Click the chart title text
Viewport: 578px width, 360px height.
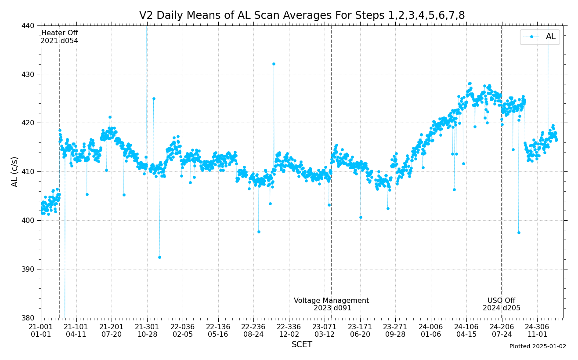(x=302, y=16)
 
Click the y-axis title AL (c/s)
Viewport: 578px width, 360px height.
(x=15, y=171)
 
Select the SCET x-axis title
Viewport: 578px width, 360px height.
(x=302, y=345)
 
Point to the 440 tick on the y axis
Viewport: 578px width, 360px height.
(x=29, y=25)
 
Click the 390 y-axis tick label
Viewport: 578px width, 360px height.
(x=29, y=269)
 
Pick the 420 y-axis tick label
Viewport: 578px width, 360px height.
(x=29, y=123)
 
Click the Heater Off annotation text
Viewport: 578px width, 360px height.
(x=59, y=37)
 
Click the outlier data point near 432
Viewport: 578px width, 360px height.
(x=274, y=64)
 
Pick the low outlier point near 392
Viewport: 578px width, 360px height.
(x=159, y=257)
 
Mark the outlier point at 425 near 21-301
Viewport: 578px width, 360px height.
(x=154, y=98)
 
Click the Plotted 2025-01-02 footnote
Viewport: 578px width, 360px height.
(x=538, y=346)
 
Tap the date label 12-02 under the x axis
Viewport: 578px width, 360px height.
(x=289, y=335)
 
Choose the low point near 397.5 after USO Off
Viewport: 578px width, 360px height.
(x=519, y=233)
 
